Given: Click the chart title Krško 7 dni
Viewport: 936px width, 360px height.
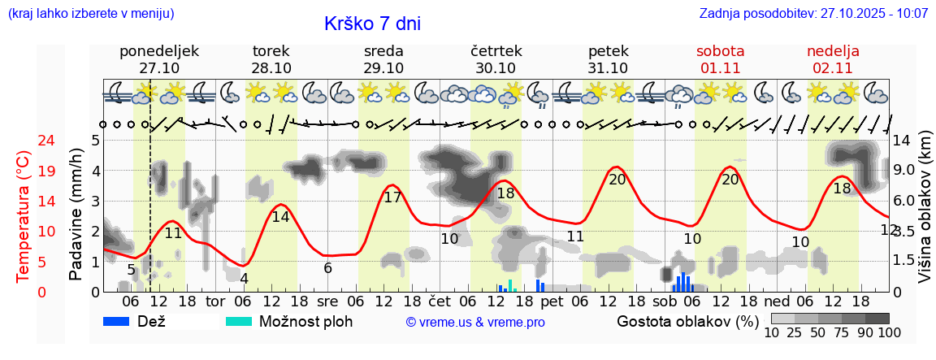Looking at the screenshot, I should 372,24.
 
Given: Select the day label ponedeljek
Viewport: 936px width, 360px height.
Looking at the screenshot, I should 159,51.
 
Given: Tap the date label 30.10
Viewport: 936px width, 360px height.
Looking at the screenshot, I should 496,68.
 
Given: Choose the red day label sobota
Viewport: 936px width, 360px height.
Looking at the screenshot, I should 720,51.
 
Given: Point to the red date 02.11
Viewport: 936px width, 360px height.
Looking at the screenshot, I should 833,68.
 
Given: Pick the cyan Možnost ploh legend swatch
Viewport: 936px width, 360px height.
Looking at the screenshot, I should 239,321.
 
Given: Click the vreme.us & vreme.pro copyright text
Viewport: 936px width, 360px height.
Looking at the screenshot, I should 475,322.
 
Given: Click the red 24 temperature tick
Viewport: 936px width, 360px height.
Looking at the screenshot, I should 24,141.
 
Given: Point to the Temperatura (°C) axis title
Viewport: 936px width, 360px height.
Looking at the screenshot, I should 24,217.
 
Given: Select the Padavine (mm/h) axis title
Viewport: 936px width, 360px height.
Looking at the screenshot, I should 76,214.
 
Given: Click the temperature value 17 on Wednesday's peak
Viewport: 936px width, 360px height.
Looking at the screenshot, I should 392,197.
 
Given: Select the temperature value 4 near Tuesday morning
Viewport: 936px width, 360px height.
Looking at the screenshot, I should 244,279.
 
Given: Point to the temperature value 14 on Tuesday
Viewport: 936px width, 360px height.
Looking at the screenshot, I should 280,217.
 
